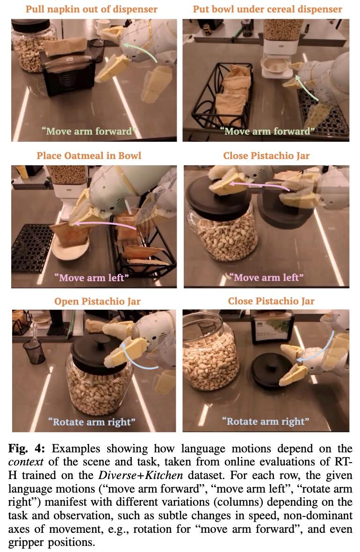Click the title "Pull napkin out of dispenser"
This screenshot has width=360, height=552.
coord(92,9)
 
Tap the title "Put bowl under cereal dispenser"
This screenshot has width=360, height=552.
coord(267,9)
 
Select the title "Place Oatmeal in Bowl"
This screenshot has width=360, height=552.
coord(89,156)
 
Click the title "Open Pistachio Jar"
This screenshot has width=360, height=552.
coord(97,301)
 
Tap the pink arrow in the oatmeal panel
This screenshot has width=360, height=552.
coord(106,224)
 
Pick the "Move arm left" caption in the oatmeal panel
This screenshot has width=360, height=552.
coord(92,278)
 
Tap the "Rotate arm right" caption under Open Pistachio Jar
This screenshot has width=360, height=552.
coord(92,422)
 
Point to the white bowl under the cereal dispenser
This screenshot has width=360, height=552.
coord(275,65)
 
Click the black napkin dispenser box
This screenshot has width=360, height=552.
coord(68,75)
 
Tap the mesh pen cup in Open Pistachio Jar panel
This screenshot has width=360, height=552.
coord(34,351)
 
